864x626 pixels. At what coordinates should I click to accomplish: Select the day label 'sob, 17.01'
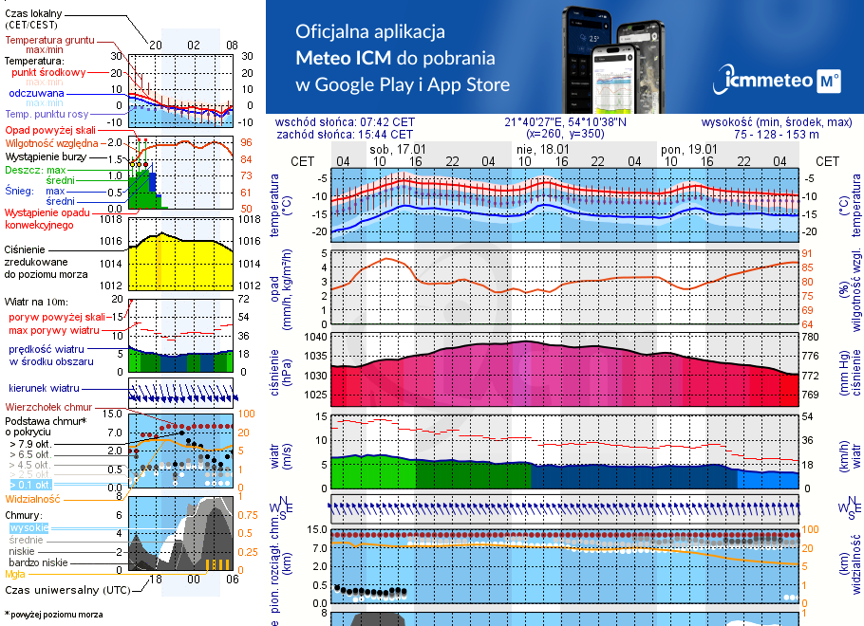click(397, 150)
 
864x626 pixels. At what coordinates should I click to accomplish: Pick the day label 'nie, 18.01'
click(542, 150)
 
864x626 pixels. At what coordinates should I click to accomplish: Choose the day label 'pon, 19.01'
click(688, 150)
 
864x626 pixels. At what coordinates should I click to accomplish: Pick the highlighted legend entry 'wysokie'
click(28, 527)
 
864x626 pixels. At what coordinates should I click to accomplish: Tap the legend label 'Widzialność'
click(32, 497)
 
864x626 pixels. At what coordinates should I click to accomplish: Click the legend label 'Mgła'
click(15, 574)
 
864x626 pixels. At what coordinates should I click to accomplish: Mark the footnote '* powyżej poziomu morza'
click(52, 615)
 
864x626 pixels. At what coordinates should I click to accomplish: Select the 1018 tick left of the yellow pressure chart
click(112, 220)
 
